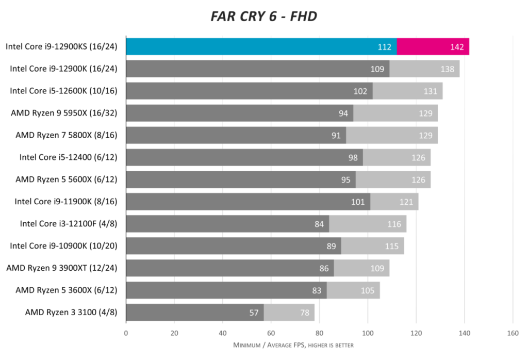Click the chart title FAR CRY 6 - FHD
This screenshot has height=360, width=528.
[263, 17]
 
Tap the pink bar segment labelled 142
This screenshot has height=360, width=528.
[433, 47]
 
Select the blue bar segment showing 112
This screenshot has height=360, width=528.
[261, 47]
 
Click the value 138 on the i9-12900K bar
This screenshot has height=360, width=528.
[448, 69]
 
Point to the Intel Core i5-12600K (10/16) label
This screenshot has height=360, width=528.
[63, 91]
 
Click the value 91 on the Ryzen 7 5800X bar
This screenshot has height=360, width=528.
[336, 136]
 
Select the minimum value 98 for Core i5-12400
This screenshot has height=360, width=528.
[353, 158]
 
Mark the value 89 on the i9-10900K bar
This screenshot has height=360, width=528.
[332, 246]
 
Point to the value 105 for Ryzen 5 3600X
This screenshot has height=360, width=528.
[368, 290]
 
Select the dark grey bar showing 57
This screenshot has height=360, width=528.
[195, 313]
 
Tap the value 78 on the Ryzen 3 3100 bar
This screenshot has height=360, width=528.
[305, 313]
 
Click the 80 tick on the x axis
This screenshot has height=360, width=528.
[319, 333]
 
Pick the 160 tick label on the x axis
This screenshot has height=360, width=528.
[513, 333]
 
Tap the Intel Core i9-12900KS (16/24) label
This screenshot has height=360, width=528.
[61, 47]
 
